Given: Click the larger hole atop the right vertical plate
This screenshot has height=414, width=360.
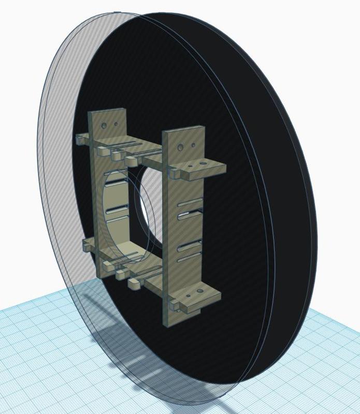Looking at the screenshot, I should click(180, 147).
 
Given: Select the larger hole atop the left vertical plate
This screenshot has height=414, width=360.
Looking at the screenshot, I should click(104, 125).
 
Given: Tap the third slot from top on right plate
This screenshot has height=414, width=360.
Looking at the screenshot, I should click(190, 244).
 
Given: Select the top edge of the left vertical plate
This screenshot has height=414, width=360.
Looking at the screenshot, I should click(106, 111).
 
